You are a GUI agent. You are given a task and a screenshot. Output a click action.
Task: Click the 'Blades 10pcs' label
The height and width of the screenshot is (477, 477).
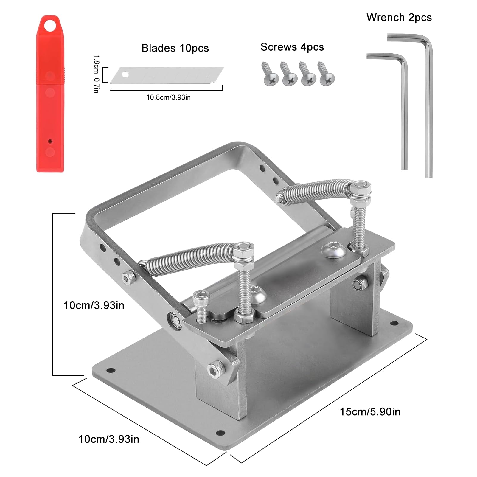pos(175,48)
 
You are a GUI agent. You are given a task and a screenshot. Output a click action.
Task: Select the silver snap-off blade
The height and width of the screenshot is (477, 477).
pos(167,75)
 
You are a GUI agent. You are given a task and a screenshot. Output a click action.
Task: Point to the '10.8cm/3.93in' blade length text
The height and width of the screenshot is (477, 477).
pos(168,97)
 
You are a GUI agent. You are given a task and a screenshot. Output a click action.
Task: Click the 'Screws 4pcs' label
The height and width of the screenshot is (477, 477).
pos(292,47)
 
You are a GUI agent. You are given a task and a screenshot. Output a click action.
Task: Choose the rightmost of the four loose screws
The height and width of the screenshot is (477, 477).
pos(326,73)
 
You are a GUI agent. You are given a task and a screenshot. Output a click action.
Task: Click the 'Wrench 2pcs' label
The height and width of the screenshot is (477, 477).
pos(399,17)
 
